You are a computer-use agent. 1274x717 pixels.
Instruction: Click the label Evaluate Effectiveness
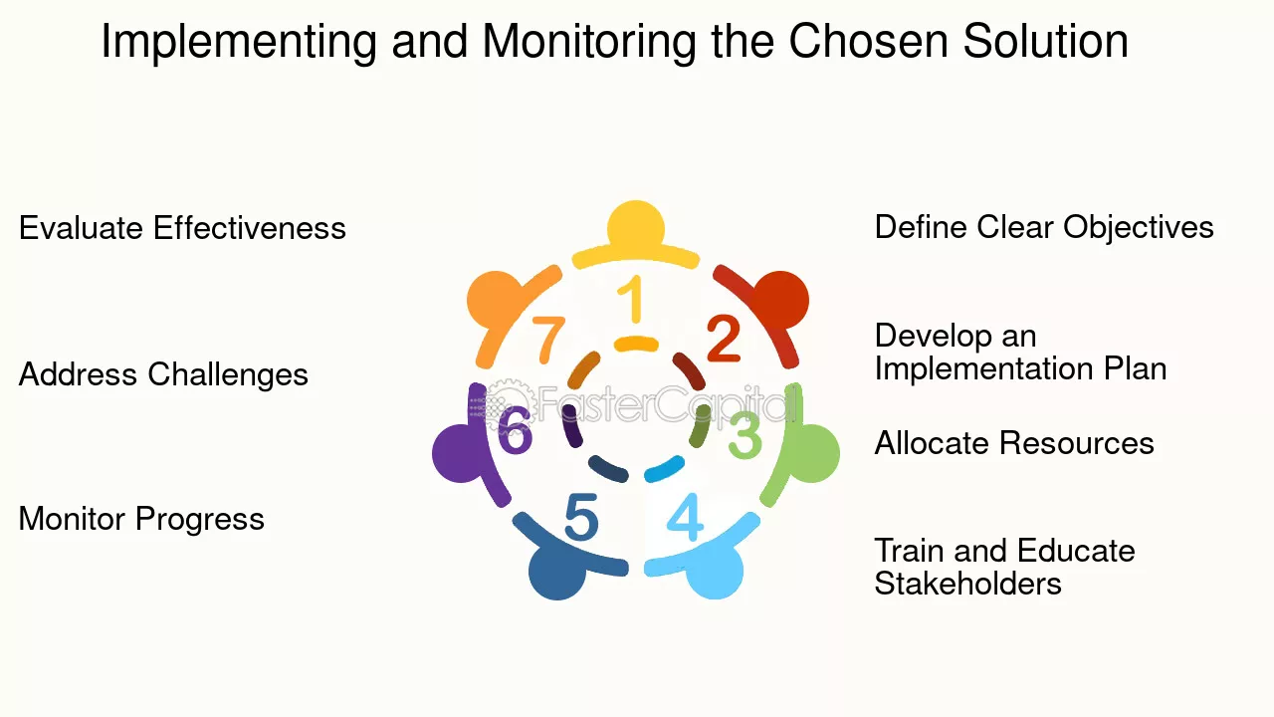pyautogui.click(x=182, y=228)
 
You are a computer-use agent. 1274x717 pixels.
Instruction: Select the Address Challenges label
pyautogui.click(x=163, y=375)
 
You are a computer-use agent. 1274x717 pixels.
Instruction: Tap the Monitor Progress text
pyautogui.click(x=141, y=519)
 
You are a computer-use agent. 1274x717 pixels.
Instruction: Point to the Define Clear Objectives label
pyautogui.click(x=1044, y=227)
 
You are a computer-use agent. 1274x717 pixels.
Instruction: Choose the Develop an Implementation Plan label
pyautogui.click(x=1020, y=353)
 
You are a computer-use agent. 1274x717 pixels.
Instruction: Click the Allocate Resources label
pyautogui.click(x=1014, y=443)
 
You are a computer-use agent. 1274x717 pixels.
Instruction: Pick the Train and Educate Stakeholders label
pyautogui.click(x=1004, y=567)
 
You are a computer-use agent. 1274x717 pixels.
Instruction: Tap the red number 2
pyautogui.click(x=724, y=339)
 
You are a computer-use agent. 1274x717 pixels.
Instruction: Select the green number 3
pyautogui.click(x=744, y=435)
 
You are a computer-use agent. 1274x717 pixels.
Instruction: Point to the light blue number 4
pyautogui.click(x=685, y=516)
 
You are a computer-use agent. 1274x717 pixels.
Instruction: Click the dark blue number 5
pyautogui.click(x=581, y=518)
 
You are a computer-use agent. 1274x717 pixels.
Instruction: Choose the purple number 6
pyautogui.click(x=515, y=431)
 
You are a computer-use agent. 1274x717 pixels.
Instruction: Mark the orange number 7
pyautogui.click(x=548, y=339)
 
